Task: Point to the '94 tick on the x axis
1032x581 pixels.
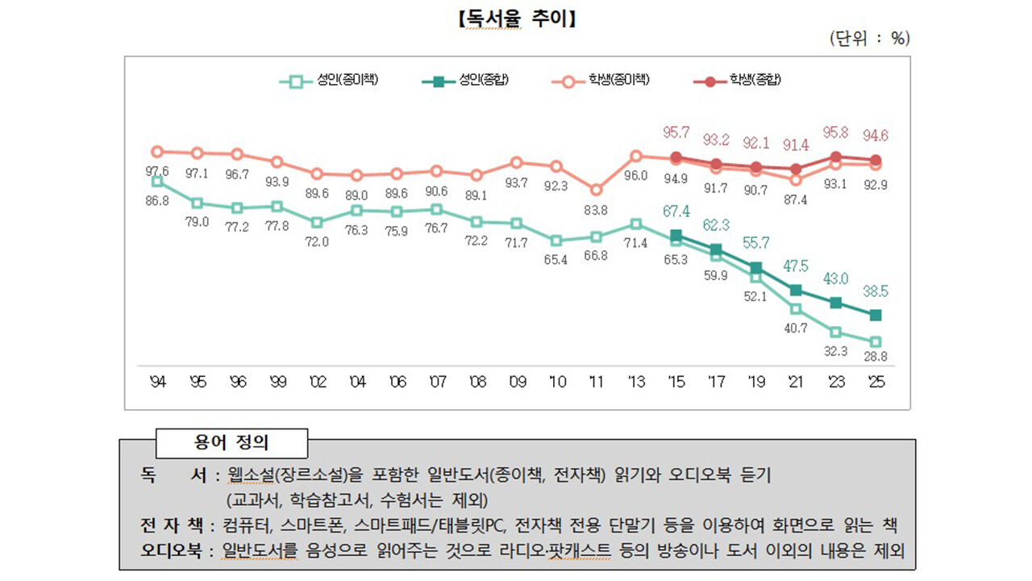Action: (x=157, y=382)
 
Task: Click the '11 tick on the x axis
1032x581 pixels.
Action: (x=596, y=382)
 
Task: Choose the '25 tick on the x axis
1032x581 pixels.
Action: (x=876, y=382)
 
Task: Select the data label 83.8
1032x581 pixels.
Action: (x=596, y=211)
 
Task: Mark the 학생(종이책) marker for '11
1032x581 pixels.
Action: (x=596, y=190)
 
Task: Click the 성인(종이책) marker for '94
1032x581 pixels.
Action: (x=157, y=182)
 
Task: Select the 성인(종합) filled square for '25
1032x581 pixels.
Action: (x=876, y=315)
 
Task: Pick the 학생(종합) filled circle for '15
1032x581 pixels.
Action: (x=676, y=157)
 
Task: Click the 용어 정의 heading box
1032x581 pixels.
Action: (x=232, y=443)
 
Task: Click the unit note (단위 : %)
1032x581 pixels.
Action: (x=868, y=39)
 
